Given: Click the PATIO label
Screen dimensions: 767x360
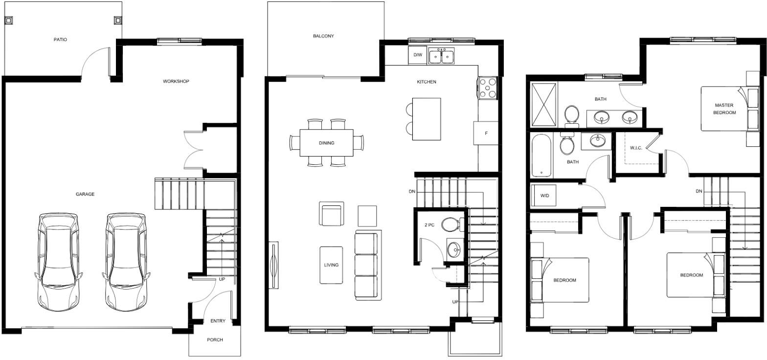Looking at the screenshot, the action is click(60, 40).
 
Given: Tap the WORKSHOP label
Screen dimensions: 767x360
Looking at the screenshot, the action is click(176, 82).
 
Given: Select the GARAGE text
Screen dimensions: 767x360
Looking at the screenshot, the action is click(85, 194).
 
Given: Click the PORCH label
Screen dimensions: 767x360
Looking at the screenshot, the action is click(215, 340).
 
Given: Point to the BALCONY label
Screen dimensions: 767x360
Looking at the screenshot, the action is click(323, 36).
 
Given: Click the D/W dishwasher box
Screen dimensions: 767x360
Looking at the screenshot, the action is click(417, 55).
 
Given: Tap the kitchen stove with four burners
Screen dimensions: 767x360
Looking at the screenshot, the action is click(488, 89).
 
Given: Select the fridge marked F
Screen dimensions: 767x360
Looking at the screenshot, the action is click(486, 133).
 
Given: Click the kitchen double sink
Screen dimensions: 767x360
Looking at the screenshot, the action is click(442, 56).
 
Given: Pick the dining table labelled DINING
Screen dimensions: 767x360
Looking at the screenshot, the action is click(326, 143).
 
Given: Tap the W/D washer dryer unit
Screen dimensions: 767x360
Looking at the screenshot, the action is click(543, 196).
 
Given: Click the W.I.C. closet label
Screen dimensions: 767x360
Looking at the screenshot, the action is click(636, 148).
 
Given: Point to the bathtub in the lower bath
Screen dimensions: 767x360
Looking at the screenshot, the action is click(541, 156).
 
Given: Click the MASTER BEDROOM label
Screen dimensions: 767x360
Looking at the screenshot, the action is click(724, 109).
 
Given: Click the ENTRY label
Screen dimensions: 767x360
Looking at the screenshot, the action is click(218, 321).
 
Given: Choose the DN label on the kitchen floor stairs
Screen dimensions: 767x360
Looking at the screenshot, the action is click(412, 191).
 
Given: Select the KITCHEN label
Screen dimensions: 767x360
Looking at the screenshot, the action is click(427, 82).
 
